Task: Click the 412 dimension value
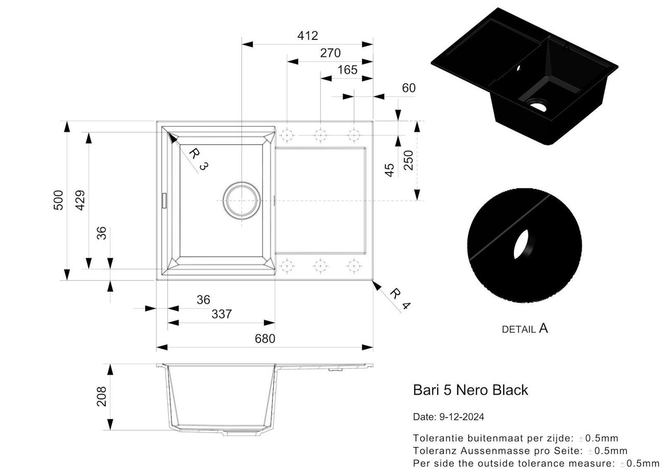click(308, 36)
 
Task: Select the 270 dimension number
click(330, 53)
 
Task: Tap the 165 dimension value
click(347, 70)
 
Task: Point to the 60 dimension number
click(409, 88)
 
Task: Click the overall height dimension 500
click(59, 200)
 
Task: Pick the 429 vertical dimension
click(80, 200)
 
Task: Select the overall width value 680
click(265, 338)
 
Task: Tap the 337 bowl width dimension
click(222, 314)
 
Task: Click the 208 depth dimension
click(102, 396)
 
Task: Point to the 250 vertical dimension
click(409, 160)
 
